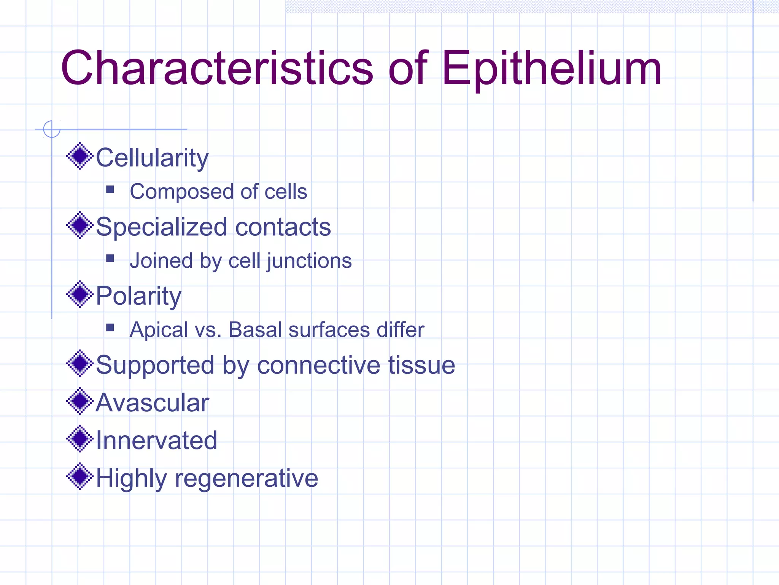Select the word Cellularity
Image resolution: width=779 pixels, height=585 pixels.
point(152,158)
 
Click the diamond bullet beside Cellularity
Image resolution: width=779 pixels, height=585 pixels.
point(79,156)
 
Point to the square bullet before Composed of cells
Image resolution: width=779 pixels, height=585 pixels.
point(110,189)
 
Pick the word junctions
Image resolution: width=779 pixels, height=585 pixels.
point(309,261)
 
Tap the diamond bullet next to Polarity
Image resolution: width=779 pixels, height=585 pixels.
point(79,294)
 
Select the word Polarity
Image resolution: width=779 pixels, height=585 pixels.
point(138,296)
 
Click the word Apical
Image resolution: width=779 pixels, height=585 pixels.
point(159,330)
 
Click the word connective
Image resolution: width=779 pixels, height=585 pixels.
point(318,365)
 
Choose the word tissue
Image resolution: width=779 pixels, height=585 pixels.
point(421,365)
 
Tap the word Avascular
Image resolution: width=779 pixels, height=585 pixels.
point(152,403)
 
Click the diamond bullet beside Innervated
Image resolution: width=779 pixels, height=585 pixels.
point(79,438)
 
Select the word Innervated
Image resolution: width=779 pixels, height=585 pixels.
point(156,440)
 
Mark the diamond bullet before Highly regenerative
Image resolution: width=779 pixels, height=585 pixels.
point(79,476)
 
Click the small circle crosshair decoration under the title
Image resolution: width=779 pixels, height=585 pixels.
point(52,129)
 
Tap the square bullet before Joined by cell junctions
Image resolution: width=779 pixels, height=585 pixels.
point(110,259)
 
